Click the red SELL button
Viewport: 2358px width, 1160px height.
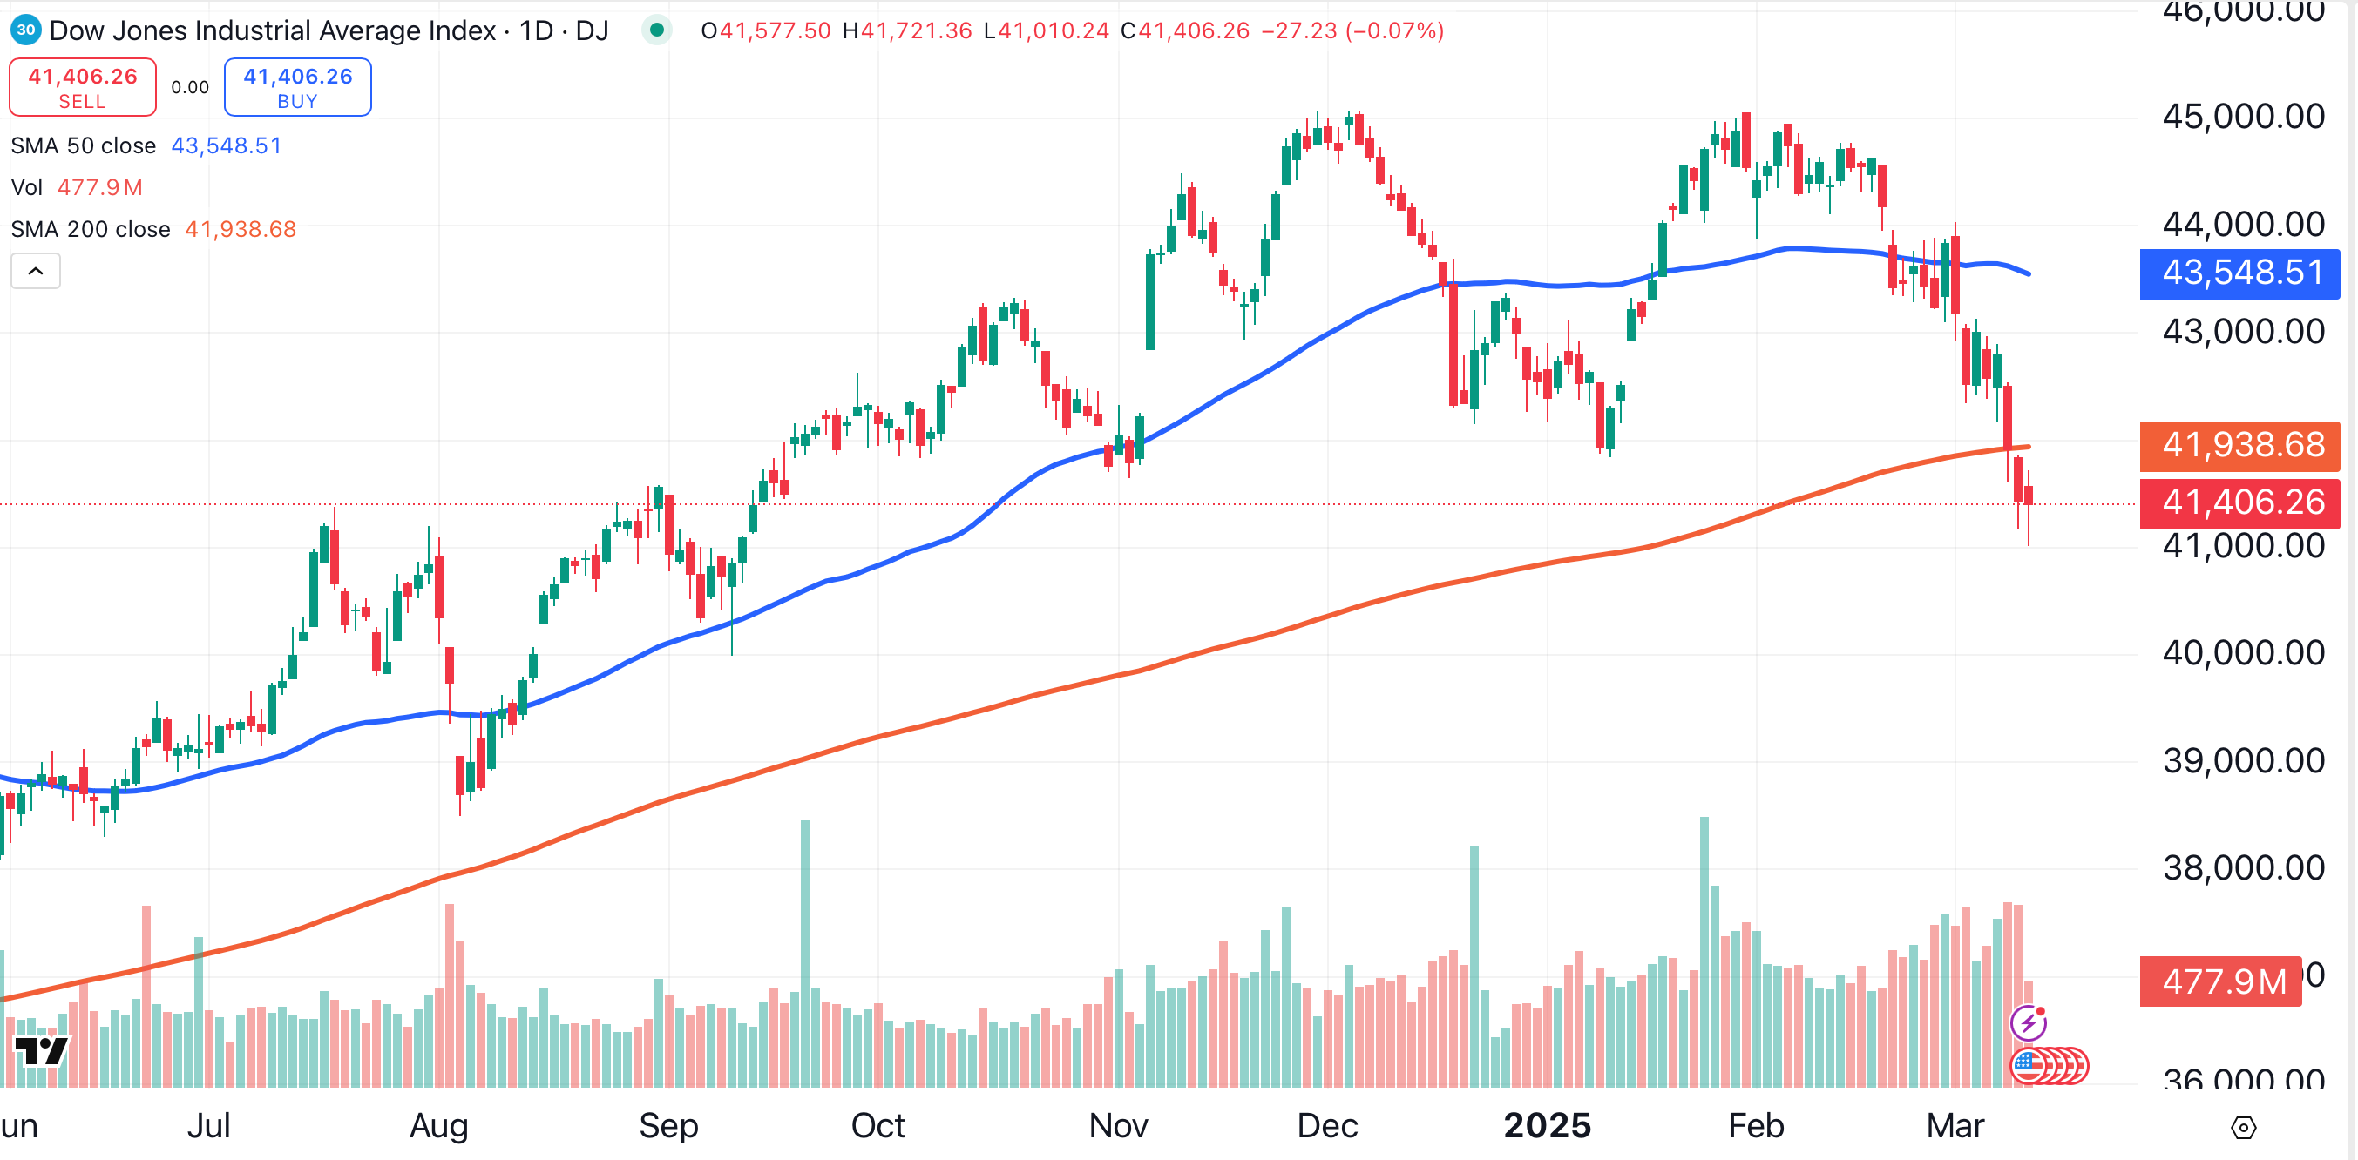83,88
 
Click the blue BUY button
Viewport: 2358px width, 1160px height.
297,88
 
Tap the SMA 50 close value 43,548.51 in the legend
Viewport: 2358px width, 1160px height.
226,145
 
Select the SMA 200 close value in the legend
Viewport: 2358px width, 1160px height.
241,229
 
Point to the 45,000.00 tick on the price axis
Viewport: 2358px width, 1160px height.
2243,117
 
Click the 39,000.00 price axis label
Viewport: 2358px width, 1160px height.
2243,760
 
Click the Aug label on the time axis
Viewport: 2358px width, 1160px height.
438,1125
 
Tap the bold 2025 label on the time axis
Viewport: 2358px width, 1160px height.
1547,1125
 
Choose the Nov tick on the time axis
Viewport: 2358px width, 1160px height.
1118,1125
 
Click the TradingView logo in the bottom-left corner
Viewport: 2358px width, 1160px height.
41,1050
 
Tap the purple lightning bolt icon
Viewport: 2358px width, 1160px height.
2029,1022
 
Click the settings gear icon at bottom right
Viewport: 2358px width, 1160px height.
2244,1128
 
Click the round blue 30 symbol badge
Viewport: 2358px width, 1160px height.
25,30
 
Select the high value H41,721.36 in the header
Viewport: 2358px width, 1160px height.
906,31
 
